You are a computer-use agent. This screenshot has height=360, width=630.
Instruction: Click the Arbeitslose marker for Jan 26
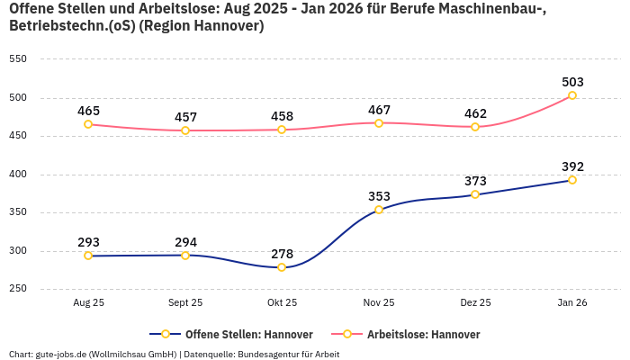(571, 95)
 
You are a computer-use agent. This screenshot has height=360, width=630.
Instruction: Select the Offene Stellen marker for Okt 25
(282, 267)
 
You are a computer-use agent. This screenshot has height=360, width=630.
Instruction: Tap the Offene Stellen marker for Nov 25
(379, 210)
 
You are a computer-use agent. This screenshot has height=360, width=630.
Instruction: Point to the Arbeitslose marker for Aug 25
(88, 124)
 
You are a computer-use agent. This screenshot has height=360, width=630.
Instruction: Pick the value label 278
(282, 254)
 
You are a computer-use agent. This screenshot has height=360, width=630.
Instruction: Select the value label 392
(572, 166)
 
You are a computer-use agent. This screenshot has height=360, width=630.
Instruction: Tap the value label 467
(379, 110)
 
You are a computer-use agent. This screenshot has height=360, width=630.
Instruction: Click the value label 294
(185, 242)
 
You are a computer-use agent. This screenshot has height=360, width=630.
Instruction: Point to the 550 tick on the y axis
(18, 59)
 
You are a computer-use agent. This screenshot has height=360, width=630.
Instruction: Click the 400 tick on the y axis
(18, 175)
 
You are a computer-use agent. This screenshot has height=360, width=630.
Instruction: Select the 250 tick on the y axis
(18, 289)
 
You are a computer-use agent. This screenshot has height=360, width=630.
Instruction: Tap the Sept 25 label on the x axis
(185, 303)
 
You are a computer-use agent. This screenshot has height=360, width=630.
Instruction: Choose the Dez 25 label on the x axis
(475, 303)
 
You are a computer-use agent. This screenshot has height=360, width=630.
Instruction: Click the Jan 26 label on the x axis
(571, 303)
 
